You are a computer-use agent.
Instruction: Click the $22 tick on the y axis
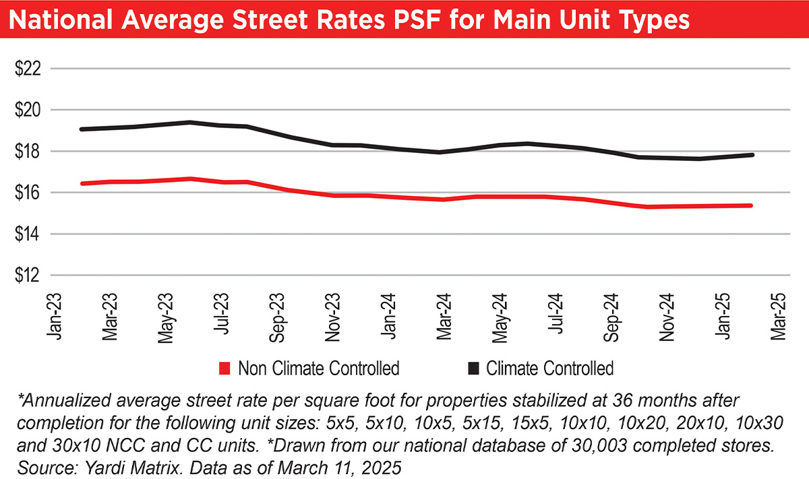click(28, 69)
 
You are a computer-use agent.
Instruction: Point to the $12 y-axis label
click(28, 276)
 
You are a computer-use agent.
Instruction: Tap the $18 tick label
click(28, 152)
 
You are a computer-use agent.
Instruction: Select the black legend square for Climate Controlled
click(473, 368)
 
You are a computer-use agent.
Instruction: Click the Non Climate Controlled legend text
click(318, 368)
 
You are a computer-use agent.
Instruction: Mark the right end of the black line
click(752, 155)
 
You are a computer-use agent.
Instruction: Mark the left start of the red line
click(82, 183)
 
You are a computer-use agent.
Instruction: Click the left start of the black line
click(81, 129)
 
